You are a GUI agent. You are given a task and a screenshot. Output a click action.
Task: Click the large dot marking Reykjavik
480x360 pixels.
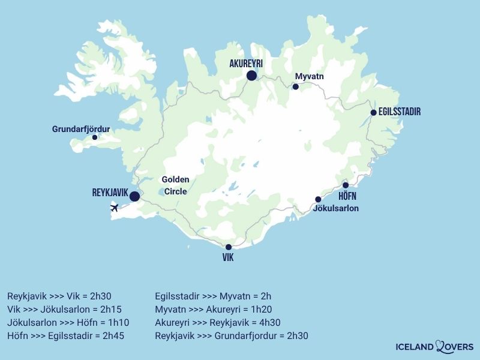click(134, 196)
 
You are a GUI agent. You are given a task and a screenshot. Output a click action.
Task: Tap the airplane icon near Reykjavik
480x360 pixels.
click(115, 208)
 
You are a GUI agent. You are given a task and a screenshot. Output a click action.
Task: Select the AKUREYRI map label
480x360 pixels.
click(246, 63)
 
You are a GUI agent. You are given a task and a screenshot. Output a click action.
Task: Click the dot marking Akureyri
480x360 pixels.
click(251, 76)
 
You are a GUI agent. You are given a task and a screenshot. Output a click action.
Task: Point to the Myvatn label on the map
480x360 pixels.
click(309, 76)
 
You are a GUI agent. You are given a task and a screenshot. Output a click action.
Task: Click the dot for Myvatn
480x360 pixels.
click(295, 87)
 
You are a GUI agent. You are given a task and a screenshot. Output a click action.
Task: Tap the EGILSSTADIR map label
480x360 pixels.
click(400, 112)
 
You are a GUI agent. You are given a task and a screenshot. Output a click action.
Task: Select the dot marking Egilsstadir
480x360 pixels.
click(373, 113)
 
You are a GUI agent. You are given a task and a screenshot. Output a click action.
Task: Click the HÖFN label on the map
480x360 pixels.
click(347, 196)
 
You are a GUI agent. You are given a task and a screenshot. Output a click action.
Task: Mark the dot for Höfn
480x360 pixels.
click(346, 185)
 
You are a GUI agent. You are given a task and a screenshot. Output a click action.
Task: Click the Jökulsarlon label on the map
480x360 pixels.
click(336, 209)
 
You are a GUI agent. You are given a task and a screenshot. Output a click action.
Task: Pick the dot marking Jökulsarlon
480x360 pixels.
click(318, 199)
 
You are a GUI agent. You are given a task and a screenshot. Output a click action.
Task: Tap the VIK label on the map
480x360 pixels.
click(228, 258)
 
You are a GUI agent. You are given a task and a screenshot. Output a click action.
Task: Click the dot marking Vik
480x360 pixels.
click(228, 247)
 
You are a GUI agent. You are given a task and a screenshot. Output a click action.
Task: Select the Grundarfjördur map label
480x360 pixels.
click(81, 128)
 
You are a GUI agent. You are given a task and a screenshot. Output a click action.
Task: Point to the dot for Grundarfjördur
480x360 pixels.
click(94, 137)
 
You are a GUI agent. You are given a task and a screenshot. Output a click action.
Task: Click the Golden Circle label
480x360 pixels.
click(176, 185)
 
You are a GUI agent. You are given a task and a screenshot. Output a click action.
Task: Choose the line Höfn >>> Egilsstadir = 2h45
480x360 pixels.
click(65, 335)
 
